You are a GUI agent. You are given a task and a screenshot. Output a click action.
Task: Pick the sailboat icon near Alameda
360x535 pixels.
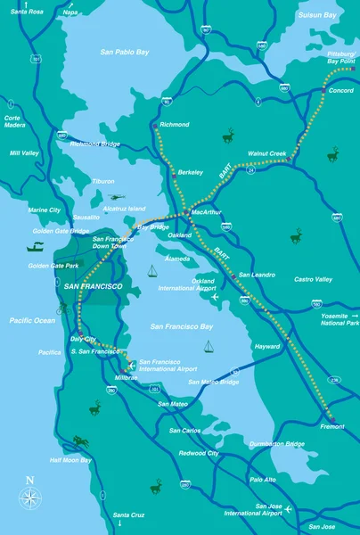pyautogui.click(x=152, y=272)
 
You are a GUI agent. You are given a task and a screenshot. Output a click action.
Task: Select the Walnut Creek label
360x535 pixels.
pyautogui.click(x=266, y=152)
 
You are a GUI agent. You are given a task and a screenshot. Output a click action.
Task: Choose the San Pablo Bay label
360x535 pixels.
pyautogui.click(x=124, y=53)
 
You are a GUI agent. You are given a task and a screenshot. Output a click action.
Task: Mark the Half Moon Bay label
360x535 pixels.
pyautogui.click(x=70, y=460)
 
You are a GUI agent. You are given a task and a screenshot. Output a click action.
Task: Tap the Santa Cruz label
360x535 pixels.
pyautogui.click(x=128, y=515)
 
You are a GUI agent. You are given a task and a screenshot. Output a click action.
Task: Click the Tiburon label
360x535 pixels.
pyautogui.click(x=103, y=181)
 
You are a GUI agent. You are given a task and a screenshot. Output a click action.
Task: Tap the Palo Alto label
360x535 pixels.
pyautogui.click(x=263, y=480)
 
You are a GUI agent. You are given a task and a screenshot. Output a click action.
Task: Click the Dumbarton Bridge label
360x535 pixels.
pyautogui.click(x=277, y=444)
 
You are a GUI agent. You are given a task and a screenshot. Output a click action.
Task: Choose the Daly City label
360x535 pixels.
pyautogui.click(x=84, y=340)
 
